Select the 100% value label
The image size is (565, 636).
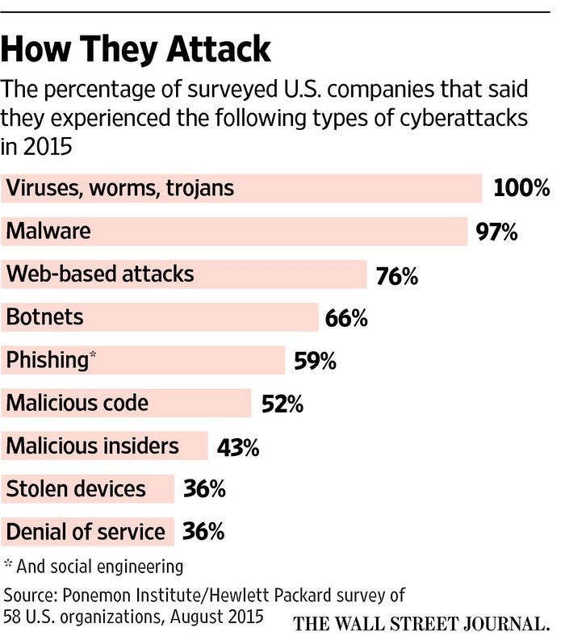click(521, 189)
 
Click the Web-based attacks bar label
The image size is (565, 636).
click(100, 274)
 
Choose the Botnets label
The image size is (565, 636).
click(44, 317)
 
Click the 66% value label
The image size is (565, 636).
click(346, 318)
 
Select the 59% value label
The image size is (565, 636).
click(314, 361)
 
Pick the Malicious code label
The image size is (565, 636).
click(77, 402)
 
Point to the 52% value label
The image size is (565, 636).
click(282, 404)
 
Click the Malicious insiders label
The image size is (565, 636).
click(92, 446)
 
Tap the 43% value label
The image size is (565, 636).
click(238, 446)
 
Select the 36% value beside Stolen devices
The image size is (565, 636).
click(203, 489)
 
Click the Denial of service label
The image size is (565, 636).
click(86, 532)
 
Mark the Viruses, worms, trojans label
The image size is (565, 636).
click(119, 188)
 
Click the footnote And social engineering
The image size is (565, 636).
click(98, 565)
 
